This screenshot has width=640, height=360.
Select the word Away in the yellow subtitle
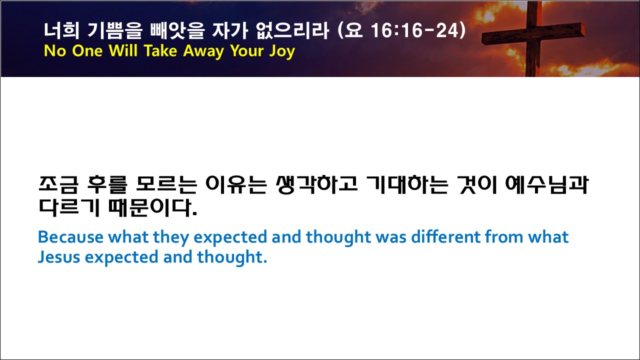coord(203,51)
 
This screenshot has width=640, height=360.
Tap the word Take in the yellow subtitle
coord(160,50)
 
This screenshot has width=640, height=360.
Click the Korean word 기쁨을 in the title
coord(114,30)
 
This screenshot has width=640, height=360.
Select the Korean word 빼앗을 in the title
coord(177,30)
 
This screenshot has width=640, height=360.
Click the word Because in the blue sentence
coord(70,237)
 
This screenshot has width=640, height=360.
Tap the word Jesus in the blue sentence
coord(59,257)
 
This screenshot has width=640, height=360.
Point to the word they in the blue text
coord(171,237)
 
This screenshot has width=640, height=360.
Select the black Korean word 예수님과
coord(546,185)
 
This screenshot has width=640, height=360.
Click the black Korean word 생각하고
coord(316,185)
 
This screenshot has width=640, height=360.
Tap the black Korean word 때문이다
coord(153,207)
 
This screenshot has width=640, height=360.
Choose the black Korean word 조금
coord(58,185)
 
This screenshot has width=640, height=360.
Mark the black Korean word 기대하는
coord(407,185)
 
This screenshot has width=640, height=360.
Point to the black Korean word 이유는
coord(236,185)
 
